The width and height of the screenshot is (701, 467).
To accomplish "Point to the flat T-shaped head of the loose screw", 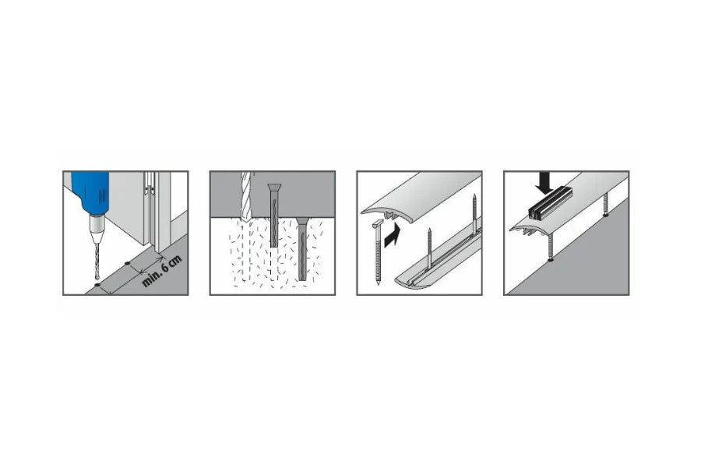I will tap(378, 223).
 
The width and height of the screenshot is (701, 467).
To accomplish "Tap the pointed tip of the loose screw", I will tap(378, 283).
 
